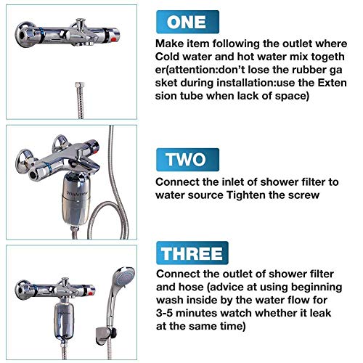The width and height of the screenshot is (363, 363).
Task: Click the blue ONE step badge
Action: (x=187, y=22)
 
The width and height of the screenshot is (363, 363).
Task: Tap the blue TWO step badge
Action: (x=187, y=160)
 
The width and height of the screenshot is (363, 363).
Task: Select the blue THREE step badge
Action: (x=192, y=253)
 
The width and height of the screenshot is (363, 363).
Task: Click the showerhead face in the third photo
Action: (x=126, y=277)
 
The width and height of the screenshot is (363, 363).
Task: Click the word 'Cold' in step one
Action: (x=167, y=57)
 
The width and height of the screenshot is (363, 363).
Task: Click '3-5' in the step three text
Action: (x=165, y=313)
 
